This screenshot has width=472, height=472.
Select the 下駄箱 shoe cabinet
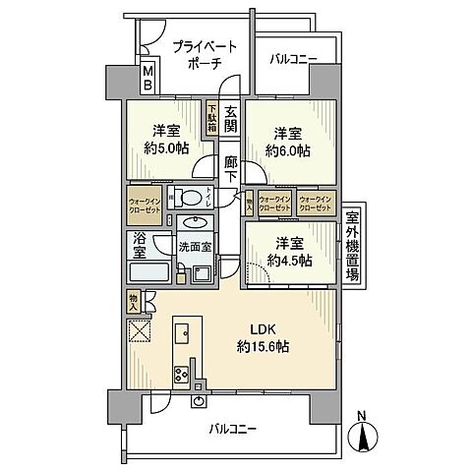pyautogui.click(x=211, y=119)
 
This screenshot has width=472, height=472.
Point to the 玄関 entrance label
pyautogui.click(x=230, y=119)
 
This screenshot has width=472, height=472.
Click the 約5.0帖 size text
pyautogui.click(x=163, y=151)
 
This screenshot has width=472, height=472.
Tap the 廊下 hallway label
pyautogui.click(x=230, y=171)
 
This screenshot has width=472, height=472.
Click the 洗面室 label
pyautogui.click(x=194, y=247)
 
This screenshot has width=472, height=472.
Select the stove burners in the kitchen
pyautogui.click(x=183, y=373)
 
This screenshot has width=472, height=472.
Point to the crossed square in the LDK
pyautogui.click(x=138, y=330)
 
